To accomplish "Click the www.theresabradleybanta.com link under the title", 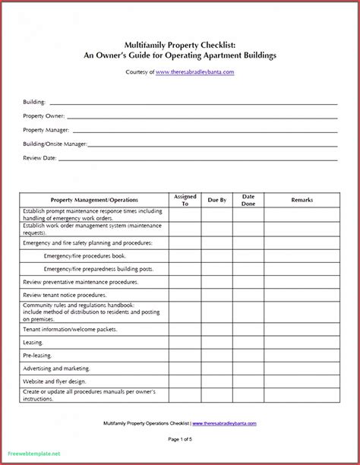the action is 194,72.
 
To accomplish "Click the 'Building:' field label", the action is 34,102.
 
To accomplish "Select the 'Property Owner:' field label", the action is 44,116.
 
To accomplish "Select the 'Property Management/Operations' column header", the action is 94,200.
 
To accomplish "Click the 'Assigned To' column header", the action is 185,200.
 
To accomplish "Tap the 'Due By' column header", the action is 217,200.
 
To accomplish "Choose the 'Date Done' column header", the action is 248,200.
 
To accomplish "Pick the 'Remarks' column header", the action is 302,200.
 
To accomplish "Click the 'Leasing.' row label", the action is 33,343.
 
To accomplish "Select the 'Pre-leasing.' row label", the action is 38,356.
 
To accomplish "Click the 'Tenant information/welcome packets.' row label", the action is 70,330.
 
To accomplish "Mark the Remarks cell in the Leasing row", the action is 302,343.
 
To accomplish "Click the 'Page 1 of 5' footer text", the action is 180,439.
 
